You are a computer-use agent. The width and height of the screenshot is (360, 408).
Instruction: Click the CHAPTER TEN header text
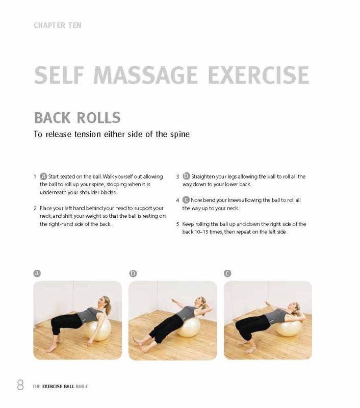point(58,25)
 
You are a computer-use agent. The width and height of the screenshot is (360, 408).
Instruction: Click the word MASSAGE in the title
point(145,75)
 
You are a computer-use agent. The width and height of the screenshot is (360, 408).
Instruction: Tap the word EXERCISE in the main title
point(259,75)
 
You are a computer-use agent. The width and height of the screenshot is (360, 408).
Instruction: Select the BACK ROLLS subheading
point(78,118)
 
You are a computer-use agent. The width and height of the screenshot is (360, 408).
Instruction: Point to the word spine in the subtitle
point(180,135)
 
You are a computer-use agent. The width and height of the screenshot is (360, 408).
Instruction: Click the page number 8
point(20,385)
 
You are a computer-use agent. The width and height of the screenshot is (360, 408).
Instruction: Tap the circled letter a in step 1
point(43,176)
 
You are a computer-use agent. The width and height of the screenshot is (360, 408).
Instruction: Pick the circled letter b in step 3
point(186,176)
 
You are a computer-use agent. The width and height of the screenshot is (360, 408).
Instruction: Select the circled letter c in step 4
point(186,200)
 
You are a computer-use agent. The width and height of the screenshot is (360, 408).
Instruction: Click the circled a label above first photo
point(37,273)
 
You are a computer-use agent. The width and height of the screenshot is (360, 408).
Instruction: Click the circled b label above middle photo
point(133,273)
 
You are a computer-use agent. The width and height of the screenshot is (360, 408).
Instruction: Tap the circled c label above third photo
point(227,273)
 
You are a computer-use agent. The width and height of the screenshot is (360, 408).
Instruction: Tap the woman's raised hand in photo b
point(174,301)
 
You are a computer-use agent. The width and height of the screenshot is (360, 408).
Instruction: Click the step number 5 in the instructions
point(177,224)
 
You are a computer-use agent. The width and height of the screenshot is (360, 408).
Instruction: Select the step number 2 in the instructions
point(35,208)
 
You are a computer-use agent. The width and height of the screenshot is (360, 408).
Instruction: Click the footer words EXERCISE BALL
point(58,387)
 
